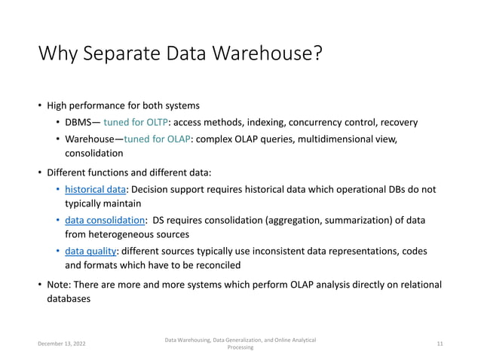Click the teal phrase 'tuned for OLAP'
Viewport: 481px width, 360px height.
click(x=158, y=139)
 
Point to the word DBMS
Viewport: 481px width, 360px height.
click(x=80, y=122)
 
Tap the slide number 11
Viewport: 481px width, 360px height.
click(x=440, y=344)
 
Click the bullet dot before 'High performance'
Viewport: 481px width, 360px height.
click(x=41, y=105)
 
